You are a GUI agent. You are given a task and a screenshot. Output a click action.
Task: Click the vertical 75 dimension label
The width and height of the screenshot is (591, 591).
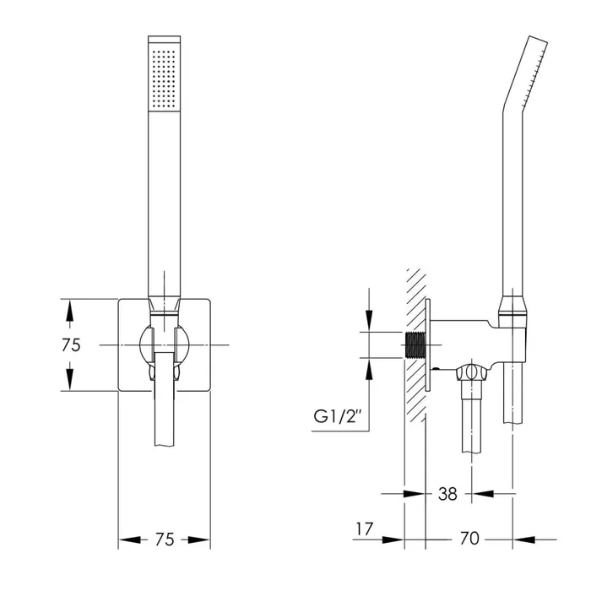pos(71,344)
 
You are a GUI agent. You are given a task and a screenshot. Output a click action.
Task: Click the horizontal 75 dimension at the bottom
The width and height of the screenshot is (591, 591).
pos(165,539)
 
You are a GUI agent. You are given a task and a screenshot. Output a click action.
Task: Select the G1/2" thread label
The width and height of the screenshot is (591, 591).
pos(338,416)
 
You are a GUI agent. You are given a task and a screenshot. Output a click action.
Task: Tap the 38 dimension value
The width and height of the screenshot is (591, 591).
pos(447,493)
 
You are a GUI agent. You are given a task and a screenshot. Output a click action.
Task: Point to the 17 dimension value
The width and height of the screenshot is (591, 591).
pos(364,529)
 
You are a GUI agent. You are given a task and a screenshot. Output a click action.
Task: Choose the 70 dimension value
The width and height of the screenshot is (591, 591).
pos(469,539)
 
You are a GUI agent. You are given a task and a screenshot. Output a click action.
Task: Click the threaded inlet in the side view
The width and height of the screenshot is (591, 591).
pos(415,344)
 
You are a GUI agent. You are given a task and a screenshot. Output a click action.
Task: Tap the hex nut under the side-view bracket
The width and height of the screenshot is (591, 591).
pos(471,372)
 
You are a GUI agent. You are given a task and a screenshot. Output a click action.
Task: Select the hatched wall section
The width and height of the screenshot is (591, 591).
pos(415,344)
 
